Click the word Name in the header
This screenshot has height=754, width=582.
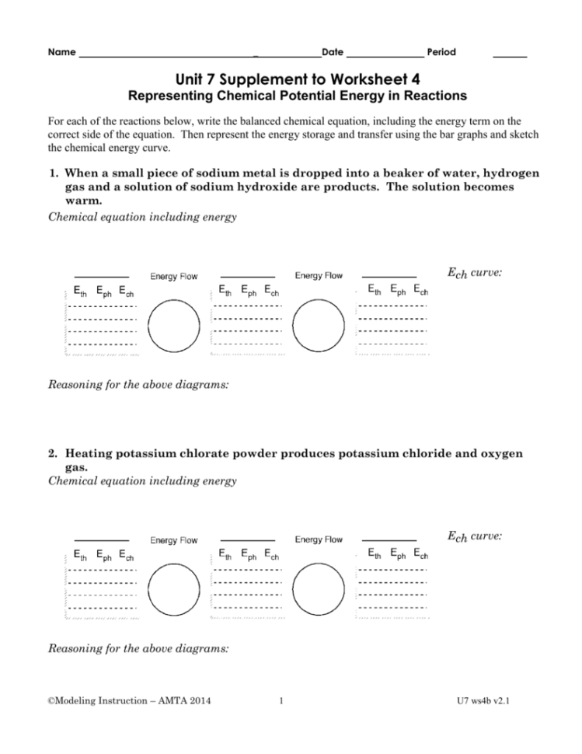pos(61,53)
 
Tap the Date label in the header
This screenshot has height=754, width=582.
pos(332,53)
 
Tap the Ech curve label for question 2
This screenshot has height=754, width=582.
pos(474,536)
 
